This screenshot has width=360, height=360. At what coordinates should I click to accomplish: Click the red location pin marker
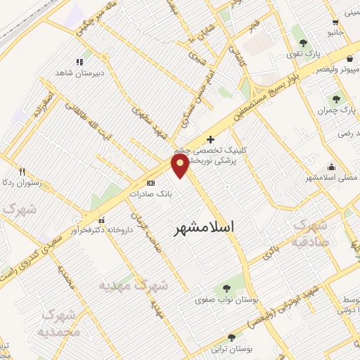180,165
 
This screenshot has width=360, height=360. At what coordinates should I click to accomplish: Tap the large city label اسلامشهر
204,228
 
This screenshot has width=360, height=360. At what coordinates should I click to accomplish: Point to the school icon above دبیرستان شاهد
81,61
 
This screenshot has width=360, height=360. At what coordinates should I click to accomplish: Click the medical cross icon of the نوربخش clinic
210,139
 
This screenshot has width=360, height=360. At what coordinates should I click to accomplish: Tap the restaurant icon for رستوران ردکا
22,172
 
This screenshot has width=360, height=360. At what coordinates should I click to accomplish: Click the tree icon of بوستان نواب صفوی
226,288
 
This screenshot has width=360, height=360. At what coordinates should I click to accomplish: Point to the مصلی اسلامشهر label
328,178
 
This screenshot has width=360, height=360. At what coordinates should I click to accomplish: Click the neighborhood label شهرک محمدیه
60,323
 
